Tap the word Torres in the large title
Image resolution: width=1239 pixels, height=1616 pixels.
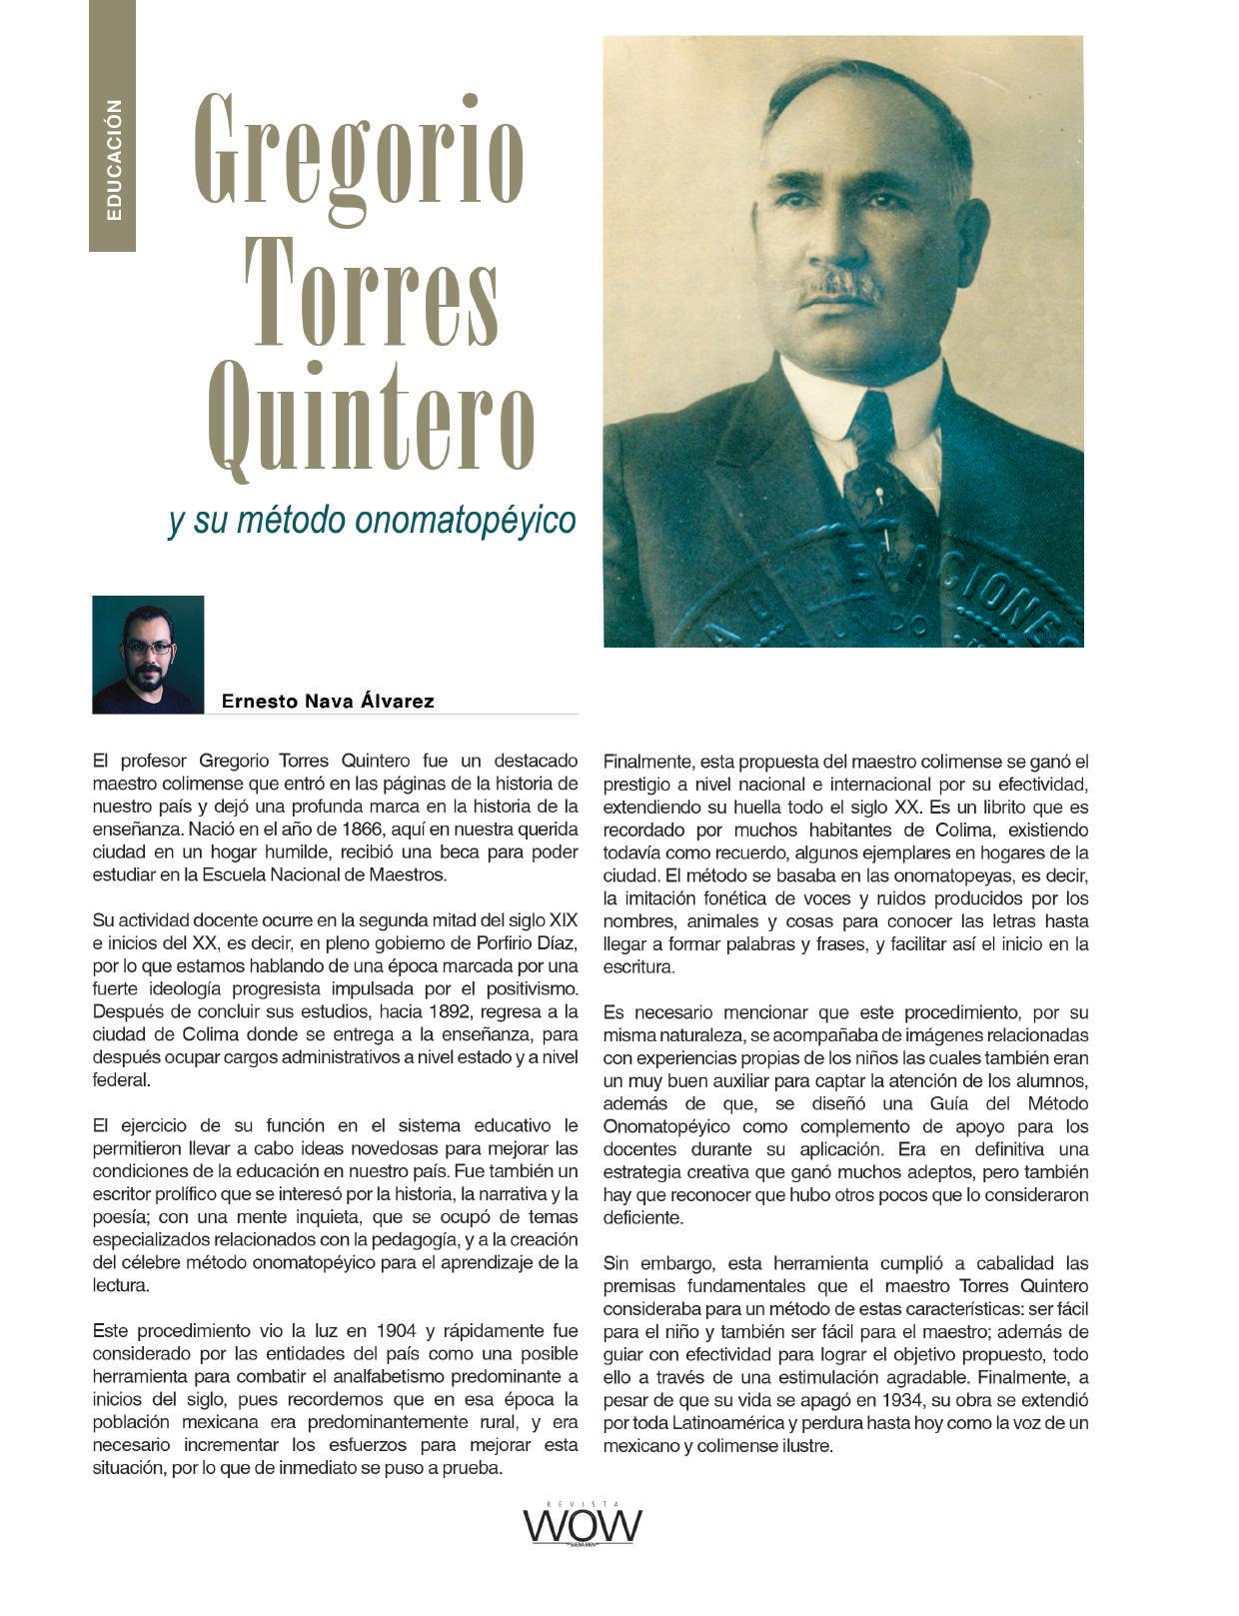pos(371,291)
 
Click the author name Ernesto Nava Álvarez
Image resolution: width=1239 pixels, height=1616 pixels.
pos(328,702)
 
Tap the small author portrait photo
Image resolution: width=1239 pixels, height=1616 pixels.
pos(148,655)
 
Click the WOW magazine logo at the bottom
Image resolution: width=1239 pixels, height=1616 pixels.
pos(583,1526)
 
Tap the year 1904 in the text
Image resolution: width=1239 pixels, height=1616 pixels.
pos(397,1331)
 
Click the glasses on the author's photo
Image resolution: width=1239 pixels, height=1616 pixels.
pos(148,648)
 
